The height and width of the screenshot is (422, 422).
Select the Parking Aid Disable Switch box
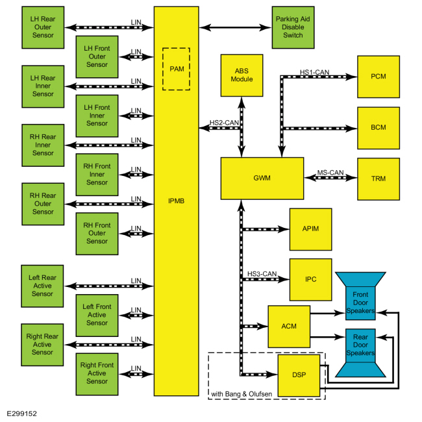(293, 27)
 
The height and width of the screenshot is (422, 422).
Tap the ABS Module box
(242, 75)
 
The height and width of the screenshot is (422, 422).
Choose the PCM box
(379, 77)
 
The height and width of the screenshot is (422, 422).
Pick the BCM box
(379, 128)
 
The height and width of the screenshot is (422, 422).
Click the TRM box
(379, 179)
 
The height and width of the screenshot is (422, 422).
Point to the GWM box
(262, 178)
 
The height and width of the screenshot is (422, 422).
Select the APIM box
(310, 229)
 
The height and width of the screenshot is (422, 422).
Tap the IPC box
(310, 280)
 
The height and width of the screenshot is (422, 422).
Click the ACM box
(289, 327)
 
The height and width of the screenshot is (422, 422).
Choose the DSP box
(299, 375)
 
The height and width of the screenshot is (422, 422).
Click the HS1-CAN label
(314, 72)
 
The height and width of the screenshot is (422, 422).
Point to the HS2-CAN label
(224, 123)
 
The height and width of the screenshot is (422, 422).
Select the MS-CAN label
(330, 173)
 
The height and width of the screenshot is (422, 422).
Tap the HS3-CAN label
(262, 274)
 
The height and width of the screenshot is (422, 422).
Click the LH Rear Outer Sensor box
(43, 27)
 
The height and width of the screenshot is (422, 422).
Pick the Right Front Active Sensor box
(97, 374)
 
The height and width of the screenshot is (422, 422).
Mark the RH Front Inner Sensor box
(97, 175)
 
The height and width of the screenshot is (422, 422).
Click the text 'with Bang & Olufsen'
(242, 394)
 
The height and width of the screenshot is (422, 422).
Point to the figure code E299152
(21, 414)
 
